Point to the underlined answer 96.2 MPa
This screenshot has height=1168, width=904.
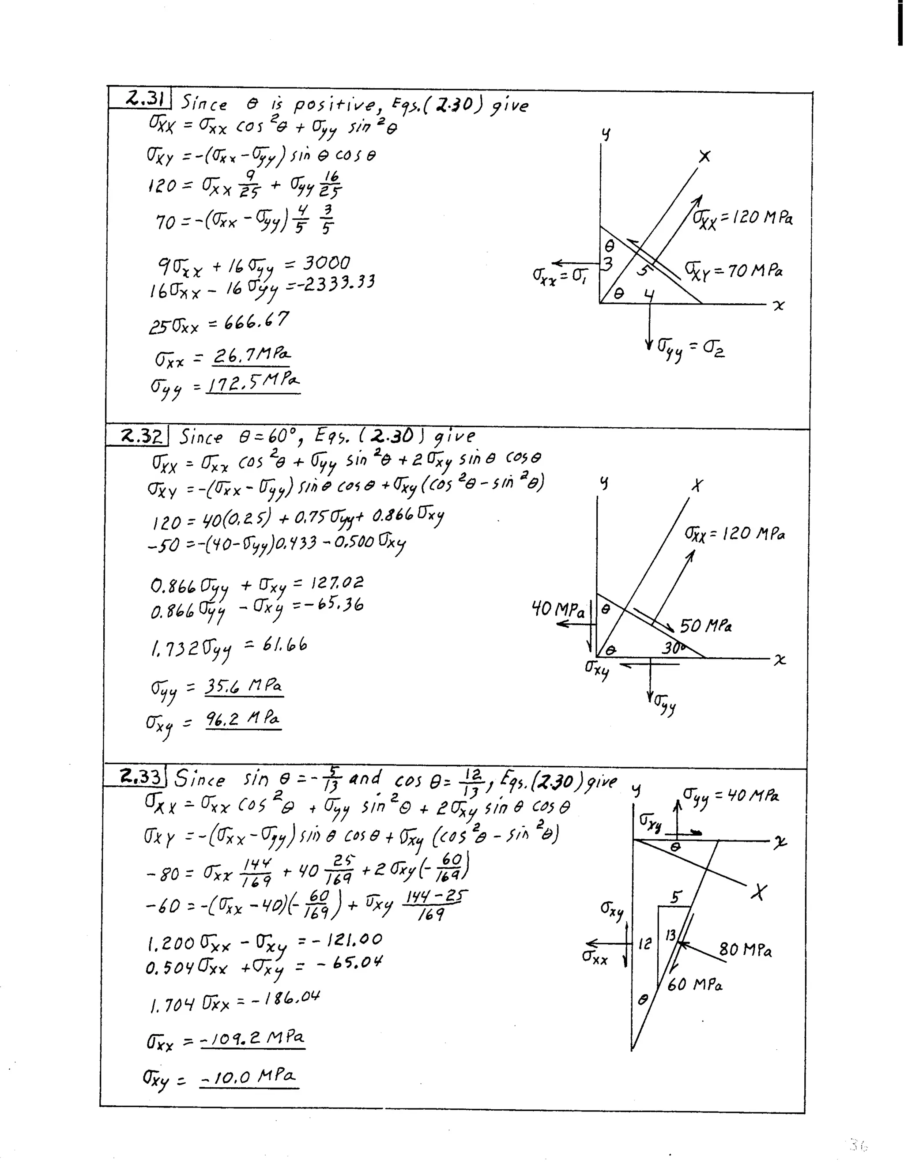pos(243,719)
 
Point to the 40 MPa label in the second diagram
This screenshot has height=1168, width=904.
pos(557,609)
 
